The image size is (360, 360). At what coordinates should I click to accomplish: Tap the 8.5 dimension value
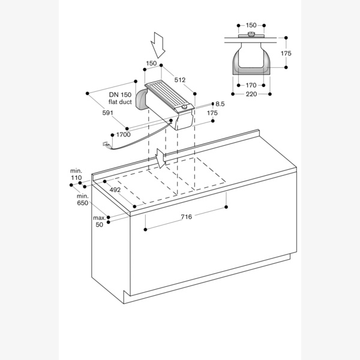(x=220, y=104)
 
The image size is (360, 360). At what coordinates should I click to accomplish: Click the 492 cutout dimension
(x=116, y=191)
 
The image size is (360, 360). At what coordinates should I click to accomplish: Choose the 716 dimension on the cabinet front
(x=186, y=217)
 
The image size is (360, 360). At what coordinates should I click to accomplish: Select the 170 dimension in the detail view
(x=251, y=86)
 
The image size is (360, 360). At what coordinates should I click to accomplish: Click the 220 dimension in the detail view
(x=251, y=94)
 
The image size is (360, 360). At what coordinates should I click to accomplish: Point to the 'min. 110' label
(x=76, y=175)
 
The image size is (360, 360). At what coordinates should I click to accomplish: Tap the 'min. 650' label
(x=83, y=200)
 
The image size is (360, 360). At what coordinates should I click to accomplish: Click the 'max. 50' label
(x=99, y=221)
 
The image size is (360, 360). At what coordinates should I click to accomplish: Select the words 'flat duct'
(x=120, y=102)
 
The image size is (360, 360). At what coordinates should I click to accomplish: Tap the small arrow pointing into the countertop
(x=160, y=158)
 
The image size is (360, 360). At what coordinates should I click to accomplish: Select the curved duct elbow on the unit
(x=143, y=100)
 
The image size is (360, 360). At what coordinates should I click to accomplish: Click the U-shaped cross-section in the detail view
(x=251, y=63)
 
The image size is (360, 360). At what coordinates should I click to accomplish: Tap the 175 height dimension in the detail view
(x=286, y=54)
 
